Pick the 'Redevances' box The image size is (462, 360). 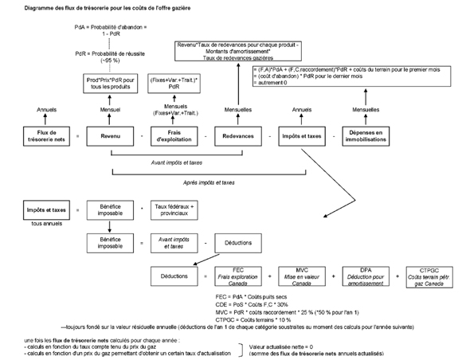point(238,136)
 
